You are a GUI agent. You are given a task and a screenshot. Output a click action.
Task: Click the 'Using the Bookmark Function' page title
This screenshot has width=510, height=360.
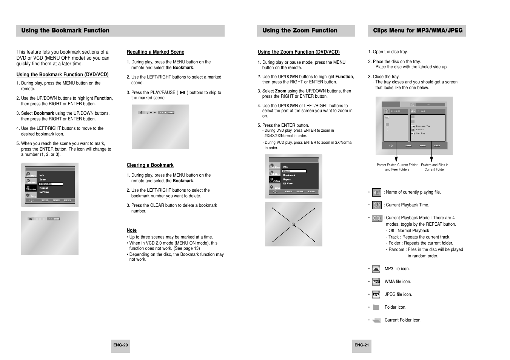(65, 31)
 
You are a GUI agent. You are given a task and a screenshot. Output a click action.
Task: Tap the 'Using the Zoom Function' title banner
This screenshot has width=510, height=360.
(300, 31)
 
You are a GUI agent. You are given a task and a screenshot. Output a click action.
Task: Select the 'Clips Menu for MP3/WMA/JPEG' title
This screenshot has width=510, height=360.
(418, 31)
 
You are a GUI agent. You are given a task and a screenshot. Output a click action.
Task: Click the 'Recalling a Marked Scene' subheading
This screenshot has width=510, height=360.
(156, 52)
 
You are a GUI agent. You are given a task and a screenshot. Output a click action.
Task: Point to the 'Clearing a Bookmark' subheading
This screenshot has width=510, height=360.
(150, 165)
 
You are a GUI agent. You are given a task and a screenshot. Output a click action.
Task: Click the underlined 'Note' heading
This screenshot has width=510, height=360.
(132, 230)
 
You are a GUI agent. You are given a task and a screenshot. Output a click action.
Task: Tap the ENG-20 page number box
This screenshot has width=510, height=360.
(120, 345)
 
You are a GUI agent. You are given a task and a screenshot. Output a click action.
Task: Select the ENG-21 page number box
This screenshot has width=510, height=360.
(362, 345)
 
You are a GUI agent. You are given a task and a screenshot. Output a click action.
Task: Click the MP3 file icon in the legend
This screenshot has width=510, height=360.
(376, 269)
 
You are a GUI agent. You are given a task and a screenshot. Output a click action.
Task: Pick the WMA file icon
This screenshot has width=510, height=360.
(376, 282)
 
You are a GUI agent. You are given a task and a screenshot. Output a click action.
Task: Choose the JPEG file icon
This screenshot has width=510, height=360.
(376, 295)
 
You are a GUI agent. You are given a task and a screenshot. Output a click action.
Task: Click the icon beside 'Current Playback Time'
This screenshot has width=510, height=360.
(377, 205)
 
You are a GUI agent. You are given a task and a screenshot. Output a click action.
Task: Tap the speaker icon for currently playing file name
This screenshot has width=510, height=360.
(377, 192)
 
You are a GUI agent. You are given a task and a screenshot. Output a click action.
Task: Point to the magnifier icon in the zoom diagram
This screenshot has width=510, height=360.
(293, 225)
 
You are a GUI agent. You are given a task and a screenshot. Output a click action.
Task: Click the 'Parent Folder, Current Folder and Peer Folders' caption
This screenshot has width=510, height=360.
(397, 167)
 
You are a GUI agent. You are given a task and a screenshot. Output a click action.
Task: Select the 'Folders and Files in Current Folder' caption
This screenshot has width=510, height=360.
(435, 167)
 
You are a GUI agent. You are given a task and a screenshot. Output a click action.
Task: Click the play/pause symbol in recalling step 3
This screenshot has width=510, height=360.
(182, 92)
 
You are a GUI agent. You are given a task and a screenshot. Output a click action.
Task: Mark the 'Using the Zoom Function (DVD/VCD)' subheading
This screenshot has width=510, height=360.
(299, 52)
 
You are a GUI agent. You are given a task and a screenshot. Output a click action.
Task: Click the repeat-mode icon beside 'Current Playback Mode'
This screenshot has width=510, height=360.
(377, 218)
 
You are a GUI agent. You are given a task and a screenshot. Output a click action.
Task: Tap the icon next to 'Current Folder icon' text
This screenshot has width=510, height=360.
(376, 320)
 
